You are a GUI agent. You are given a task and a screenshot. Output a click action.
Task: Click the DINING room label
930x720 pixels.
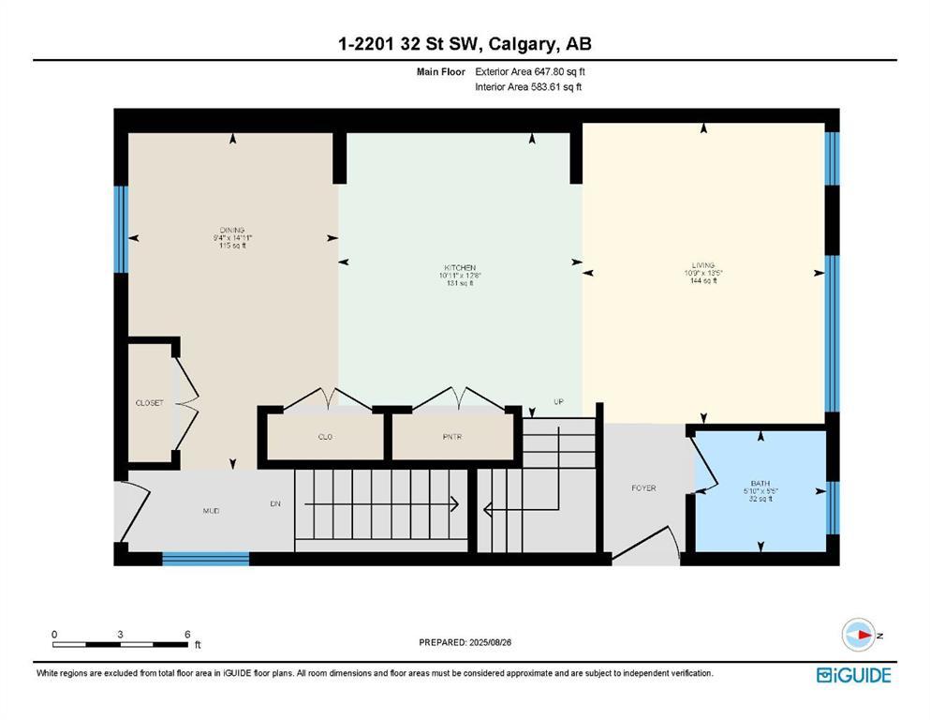click(x=232, y=230)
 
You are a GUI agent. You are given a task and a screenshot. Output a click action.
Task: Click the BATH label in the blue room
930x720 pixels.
click(x=759, y=483)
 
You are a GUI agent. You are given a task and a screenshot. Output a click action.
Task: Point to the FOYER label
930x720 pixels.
click(x=643, y=487)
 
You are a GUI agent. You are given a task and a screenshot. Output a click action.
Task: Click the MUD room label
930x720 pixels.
click(x=212, y=511)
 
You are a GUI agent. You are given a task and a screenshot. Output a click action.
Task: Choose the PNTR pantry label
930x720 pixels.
click(x=453, y=437)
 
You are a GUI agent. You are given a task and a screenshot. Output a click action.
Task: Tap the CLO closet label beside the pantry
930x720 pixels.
click(x=325, y=437)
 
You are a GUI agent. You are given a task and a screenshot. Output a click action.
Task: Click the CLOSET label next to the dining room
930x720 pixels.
click(x=149, y=403)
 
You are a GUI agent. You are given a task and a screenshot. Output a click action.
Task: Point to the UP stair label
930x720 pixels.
click(x=558, y=401)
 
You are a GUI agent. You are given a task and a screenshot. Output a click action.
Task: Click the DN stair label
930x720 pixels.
click(x=275, y=503)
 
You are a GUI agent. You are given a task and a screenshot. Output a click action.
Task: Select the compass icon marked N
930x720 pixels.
click(x=857, y=635)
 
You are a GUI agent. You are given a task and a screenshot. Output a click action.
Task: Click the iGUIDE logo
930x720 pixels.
click(x=853, y=675)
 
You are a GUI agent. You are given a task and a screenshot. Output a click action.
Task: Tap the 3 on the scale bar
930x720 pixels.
click(x=121, y=635)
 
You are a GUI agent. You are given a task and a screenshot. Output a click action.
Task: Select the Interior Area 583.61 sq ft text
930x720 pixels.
click(x=529, y=87)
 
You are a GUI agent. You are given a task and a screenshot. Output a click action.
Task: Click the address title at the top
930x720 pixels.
click(x=465, y=43)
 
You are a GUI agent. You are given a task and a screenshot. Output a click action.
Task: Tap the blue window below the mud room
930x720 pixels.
click(x=205, y=559)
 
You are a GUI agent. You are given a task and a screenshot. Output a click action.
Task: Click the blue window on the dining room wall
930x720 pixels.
click(x=121, y=230)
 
